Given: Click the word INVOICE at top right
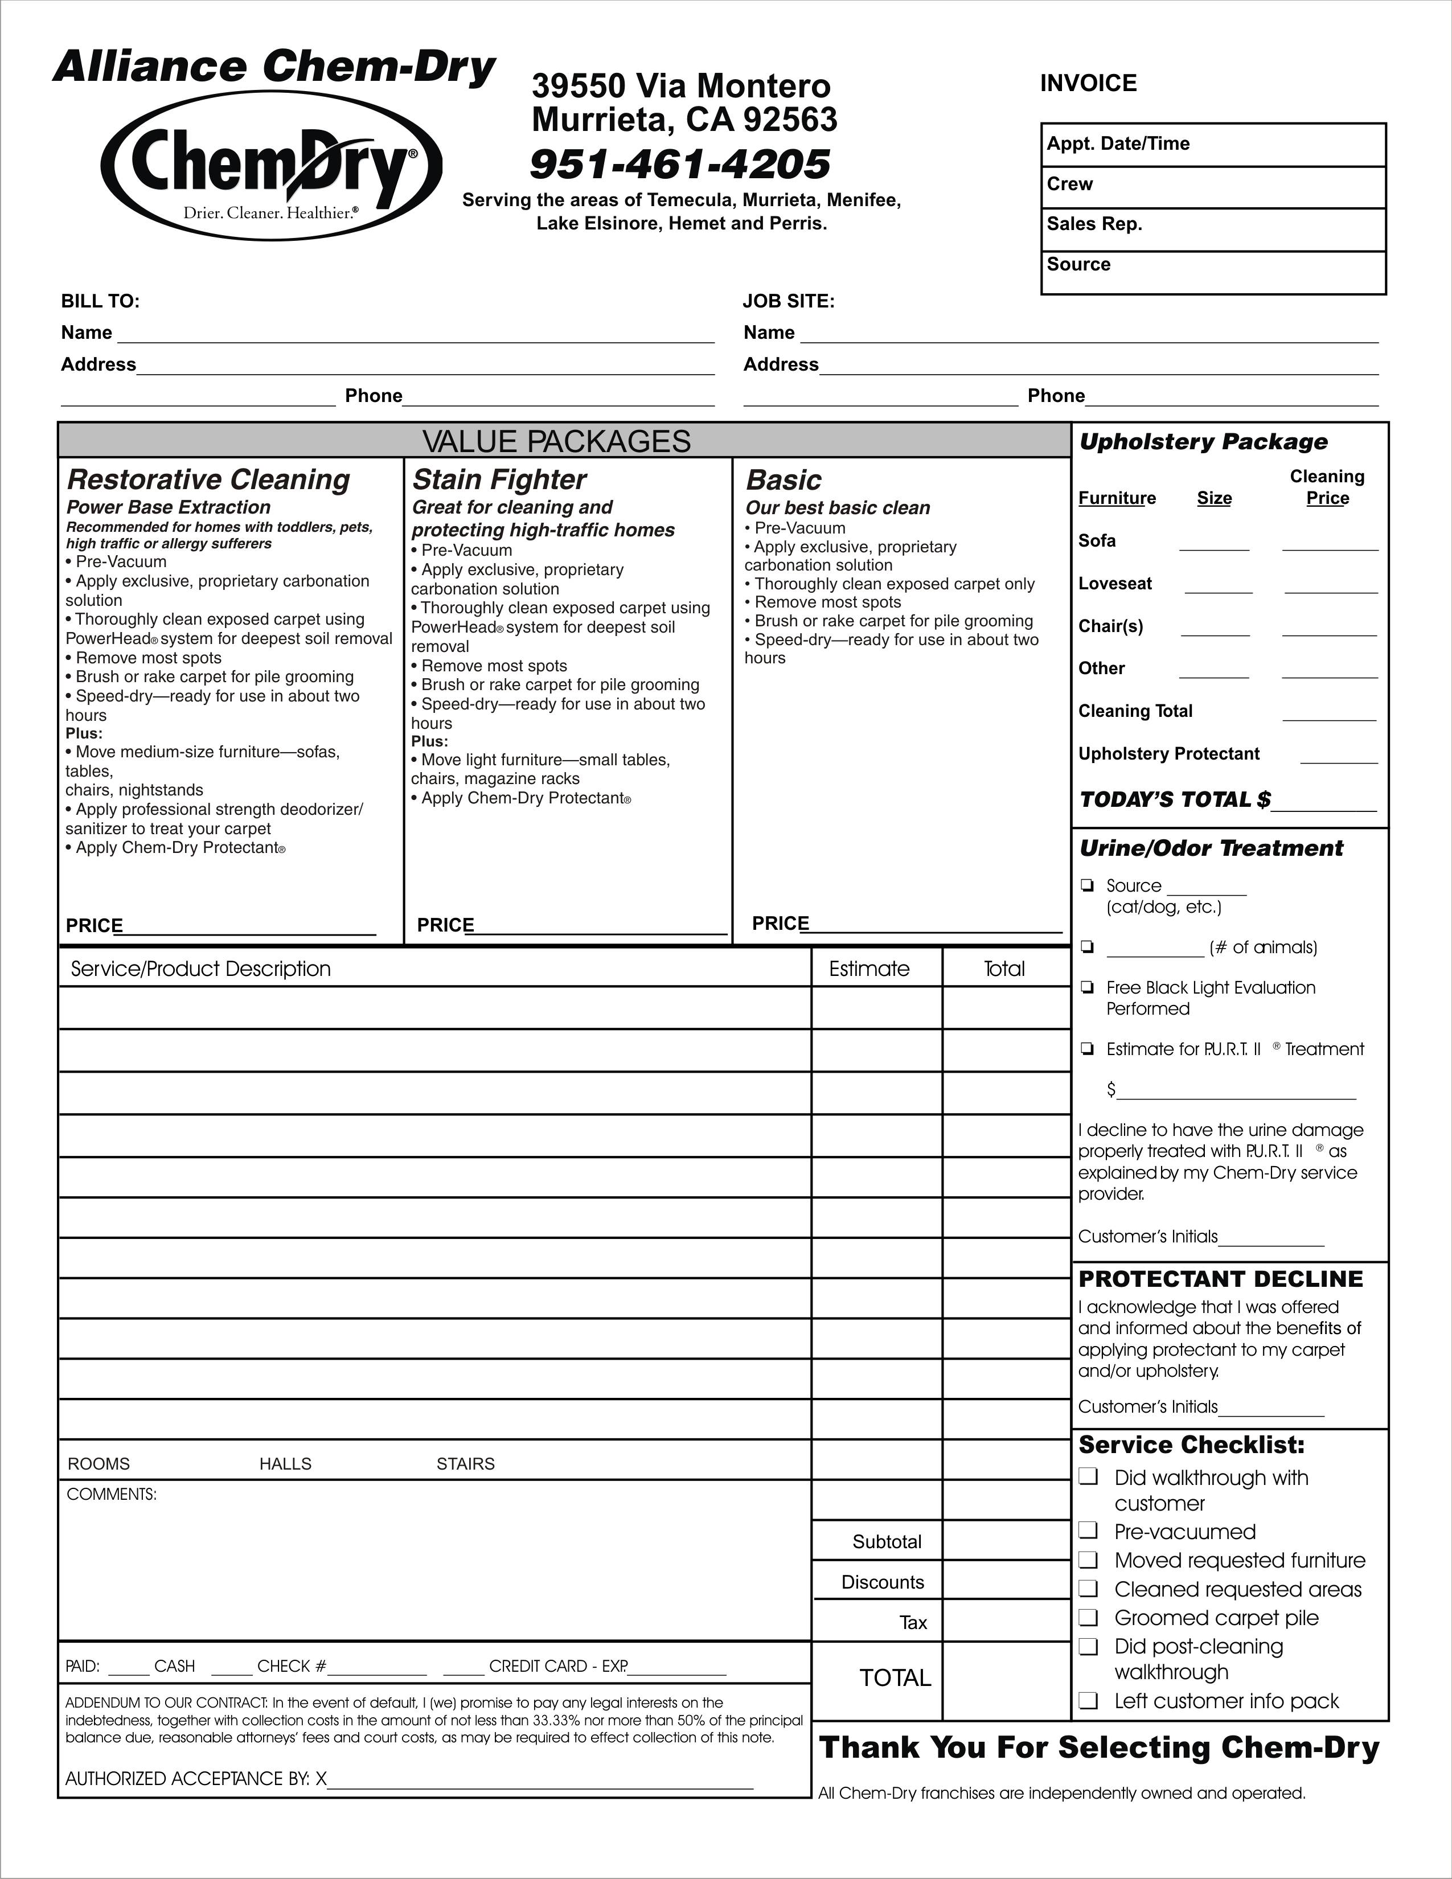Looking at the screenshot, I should (1088, 84).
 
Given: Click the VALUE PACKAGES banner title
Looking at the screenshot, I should (556, 441).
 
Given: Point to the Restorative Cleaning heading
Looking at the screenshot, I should (208, 479).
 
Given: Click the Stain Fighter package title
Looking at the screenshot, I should (499, 479).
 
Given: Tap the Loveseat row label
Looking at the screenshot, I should (1115, 583).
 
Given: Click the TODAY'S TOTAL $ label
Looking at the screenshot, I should (1174, 799).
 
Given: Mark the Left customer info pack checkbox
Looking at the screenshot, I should (1089, 1700).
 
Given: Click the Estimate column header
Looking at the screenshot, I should (869, 969).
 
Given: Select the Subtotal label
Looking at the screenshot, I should (887, 1542).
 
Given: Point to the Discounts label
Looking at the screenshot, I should (883, 1582).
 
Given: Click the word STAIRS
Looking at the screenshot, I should (465, 1463).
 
